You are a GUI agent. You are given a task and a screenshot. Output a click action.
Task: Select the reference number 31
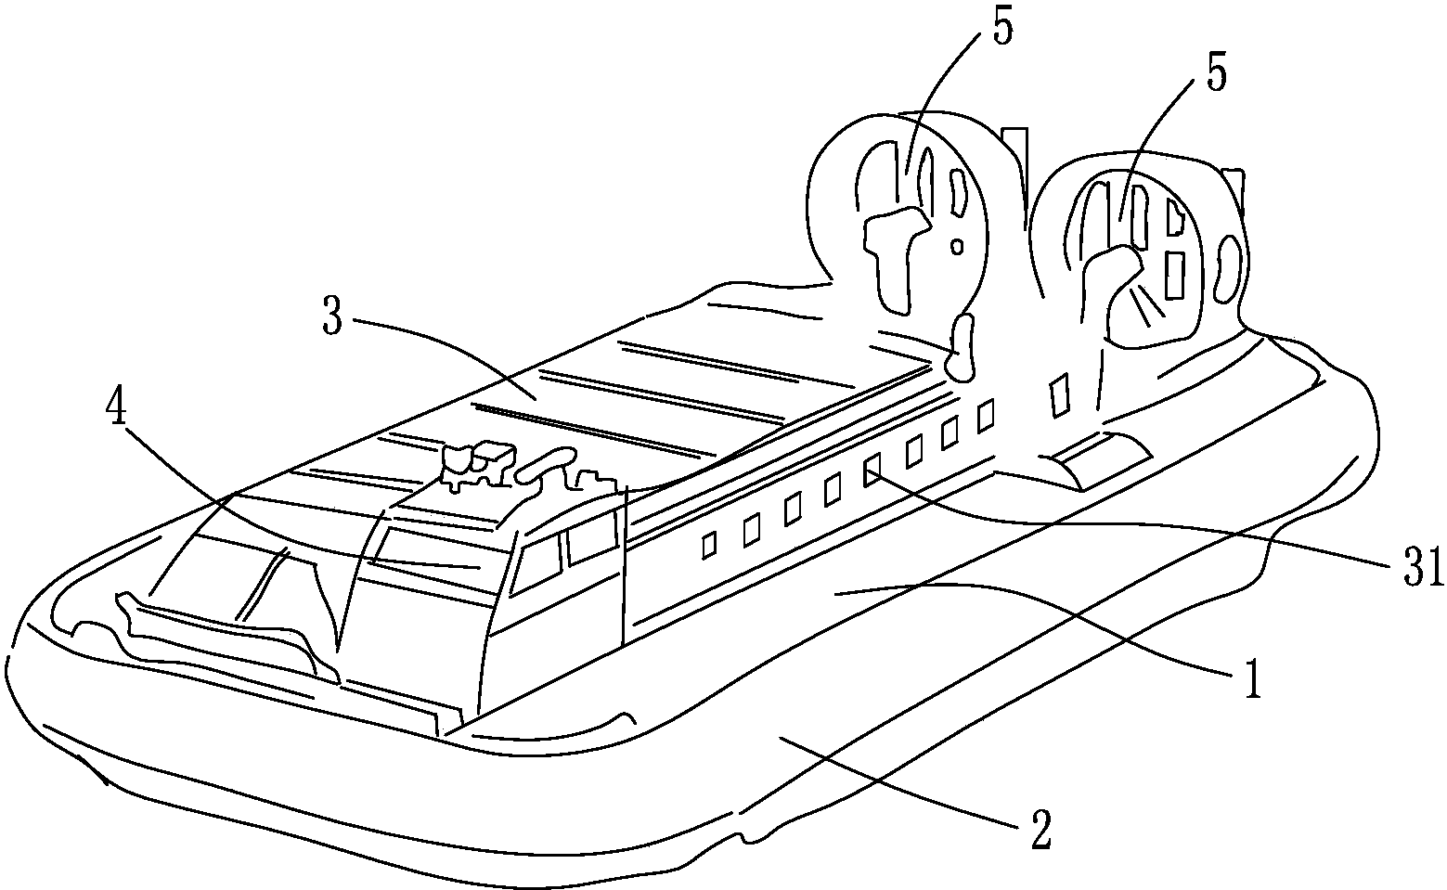(x=1422, y=567)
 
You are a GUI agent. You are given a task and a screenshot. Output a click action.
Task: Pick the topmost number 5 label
(x=1001, y=26)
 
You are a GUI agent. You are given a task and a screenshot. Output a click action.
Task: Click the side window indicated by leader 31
(x=872, y=470)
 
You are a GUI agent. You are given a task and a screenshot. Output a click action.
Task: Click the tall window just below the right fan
(x=1058, y=396)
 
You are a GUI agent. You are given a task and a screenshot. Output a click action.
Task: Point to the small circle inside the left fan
(x=958, y=246)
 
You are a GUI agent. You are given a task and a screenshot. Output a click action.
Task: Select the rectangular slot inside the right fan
(x=1174, y=275)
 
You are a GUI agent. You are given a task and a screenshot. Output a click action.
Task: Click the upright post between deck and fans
(x=962, y=347)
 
